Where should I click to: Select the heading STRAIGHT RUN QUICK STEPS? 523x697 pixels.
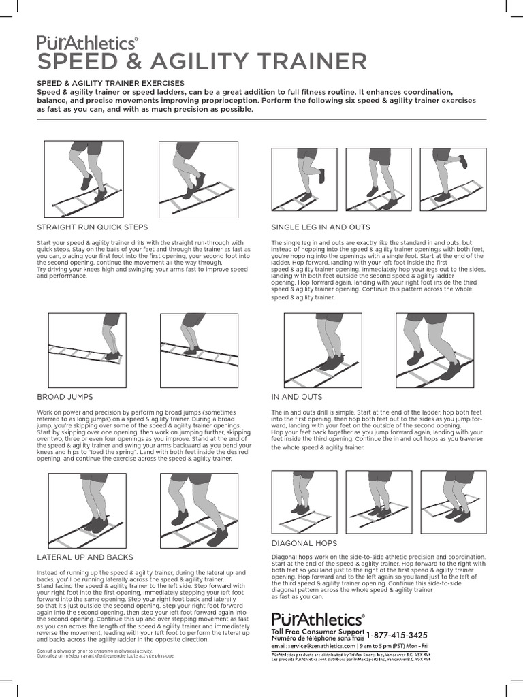point(92,227)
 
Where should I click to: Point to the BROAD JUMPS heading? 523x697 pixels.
point(65,396)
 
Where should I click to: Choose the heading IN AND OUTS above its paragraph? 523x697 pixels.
point(297,396)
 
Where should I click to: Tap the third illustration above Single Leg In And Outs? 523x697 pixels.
point(453,179)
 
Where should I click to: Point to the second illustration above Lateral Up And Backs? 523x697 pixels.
point(198,506)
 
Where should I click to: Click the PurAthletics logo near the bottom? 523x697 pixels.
point(318,619)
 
